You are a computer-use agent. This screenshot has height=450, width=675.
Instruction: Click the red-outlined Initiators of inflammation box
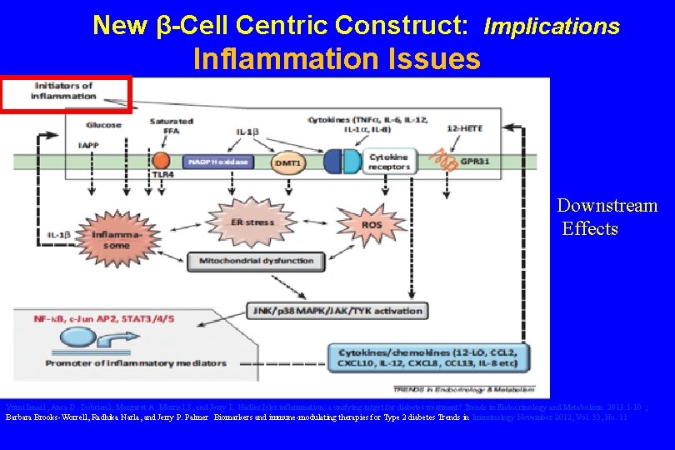click(67, 93)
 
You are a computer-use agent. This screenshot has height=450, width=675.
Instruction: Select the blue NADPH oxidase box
click(219, 162)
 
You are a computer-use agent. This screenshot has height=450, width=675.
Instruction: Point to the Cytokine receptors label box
click(389, 162)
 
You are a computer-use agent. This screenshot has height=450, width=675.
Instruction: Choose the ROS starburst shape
click(371, 223)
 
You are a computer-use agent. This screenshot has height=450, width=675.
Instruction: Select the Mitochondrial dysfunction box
click(256, 261)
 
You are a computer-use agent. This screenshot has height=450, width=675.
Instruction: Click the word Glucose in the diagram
click(102, 125)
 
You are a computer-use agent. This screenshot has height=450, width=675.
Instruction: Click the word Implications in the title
click(552, 27)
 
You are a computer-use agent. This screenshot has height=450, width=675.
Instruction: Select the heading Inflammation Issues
click(337, 59)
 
